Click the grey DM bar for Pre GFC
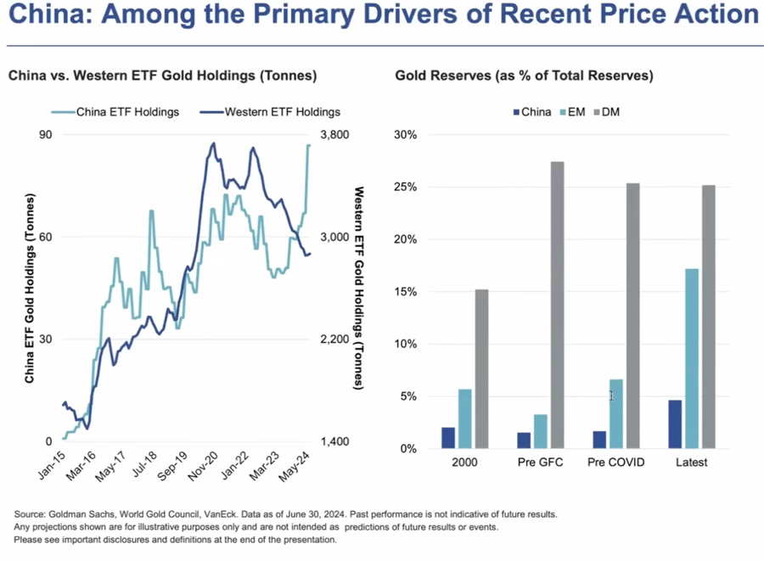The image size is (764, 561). coord(558,305)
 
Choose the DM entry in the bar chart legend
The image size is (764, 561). coord(605,111)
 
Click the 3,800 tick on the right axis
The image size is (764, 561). coord(334,134)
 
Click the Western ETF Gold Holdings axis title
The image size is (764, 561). coord(358,288)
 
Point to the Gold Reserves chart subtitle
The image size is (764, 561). coord(524,76)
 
